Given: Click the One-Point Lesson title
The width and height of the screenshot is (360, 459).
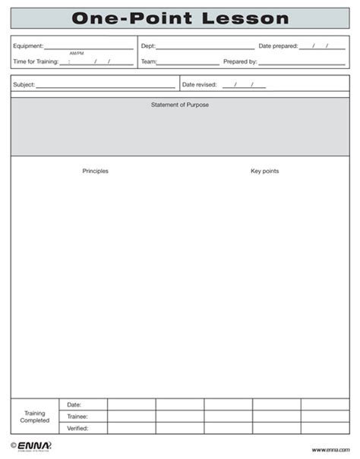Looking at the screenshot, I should point(180,18).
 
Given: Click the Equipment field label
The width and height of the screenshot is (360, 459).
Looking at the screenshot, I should point(28,46).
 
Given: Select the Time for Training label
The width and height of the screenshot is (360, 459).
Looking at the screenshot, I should point(36,61).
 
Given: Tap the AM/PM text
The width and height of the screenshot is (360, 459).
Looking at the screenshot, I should point(77,54).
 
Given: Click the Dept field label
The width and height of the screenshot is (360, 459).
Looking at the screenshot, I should point(148,46).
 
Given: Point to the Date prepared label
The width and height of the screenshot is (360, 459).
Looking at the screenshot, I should point(277,46).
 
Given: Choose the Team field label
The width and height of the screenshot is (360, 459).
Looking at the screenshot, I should point(148,61).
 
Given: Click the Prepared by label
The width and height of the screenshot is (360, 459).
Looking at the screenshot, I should point(240,61).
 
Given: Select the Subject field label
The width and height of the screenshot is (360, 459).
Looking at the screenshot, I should point(24,84).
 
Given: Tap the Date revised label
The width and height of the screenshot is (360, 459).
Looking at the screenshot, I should point(199,84).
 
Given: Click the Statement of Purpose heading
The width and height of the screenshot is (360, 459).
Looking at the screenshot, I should point(180,105).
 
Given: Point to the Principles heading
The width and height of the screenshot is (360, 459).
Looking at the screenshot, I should point(95,171).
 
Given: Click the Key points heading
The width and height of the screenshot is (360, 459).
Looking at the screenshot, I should point(264,171).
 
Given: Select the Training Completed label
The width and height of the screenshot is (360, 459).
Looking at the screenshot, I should point(35,417).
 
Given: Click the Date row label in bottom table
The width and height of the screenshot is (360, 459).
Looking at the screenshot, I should point(74,405).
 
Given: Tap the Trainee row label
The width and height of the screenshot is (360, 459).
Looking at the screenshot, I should point(77,417).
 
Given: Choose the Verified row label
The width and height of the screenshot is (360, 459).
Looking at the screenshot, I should point(77,429).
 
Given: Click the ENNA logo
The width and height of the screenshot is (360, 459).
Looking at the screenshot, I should point(30,447).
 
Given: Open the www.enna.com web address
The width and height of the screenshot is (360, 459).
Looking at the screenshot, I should point(330,450).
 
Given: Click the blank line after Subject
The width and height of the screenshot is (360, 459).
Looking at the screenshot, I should point(106,86).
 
